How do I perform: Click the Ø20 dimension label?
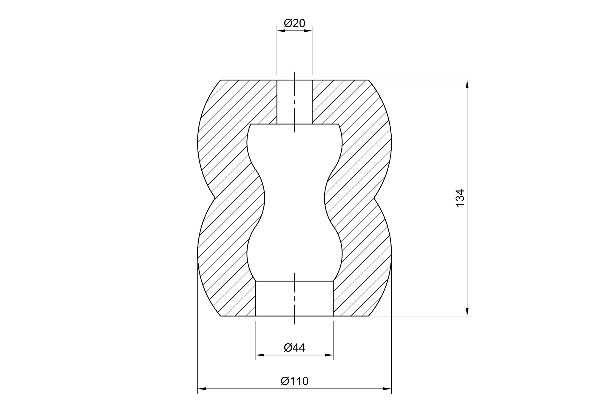[294, 23]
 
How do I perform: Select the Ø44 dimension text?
[294, 347]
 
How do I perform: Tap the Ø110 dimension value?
[294, 381]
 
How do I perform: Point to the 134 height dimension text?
[460, 198]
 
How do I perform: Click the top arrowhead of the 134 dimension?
[467, 84]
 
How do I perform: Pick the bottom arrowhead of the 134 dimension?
[467, 311]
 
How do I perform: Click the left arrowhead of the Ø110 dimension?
[202, 389]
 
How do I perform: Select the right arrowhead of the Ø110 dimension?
[387, 389]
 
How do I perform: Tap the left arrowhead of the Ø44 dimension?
[260, 355]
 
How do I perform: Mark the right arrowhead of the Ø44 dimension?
[329, 355]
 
